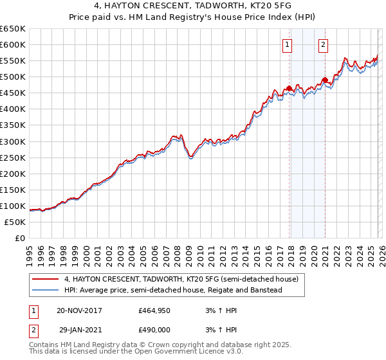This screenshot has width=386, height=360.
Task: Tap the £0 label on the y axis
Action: tap(20, 238)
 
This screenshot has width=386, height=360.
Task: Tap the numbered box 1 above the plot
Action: tap(286, 44)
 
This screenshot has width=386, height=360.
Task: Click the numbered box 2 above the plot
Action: tap(322, 44)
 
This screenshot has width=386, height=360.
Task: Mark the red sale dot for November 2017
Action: tap(289, 88)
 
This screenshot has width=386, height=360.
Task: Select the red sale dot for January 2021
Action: tap(326, 80)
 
